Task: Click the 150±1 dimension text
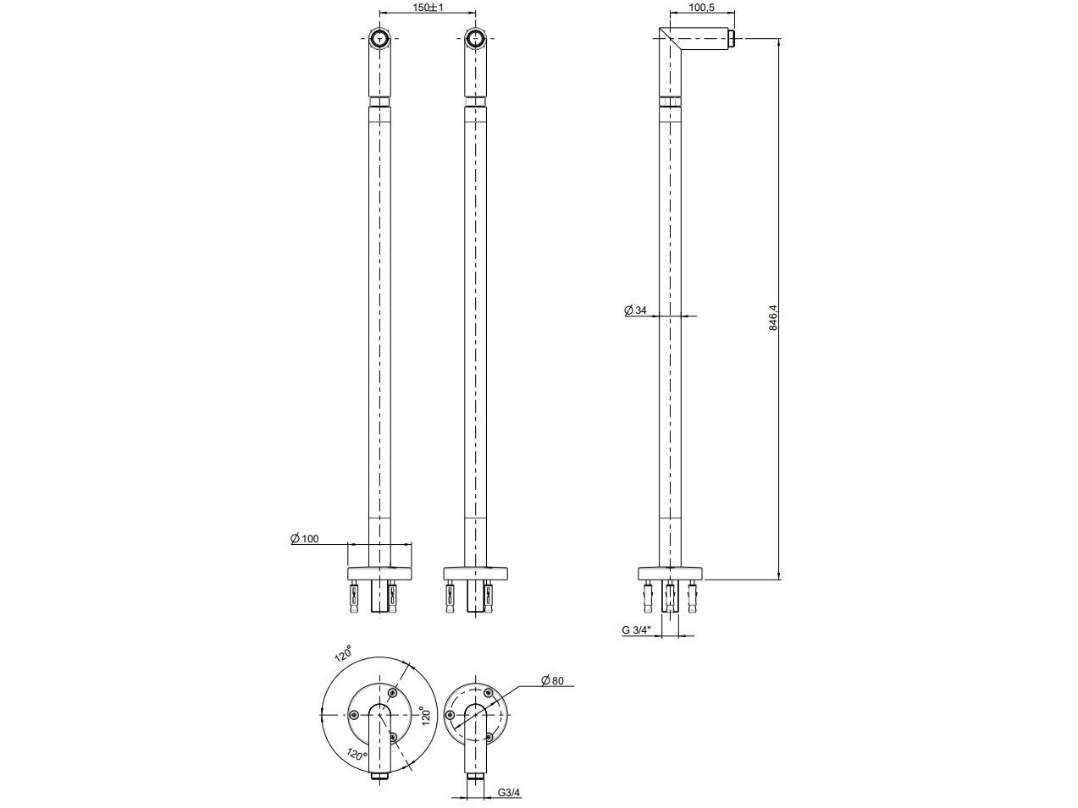[x=428, y=7]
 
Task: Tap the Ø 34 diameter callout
[x=636, y=311]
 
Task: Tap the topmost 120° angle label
[x=342, y=656]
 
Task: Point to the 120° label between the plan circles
[x=427, y=715]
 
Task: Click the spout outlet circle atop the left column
[x=379, y=38]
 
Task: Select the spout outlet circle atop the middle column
[x=477, y=38]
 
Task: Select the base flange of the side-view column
[x=671, y=573]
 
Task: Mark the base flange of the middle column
[x=477, y=573]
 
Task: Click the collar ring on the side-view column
[x=671, y=104]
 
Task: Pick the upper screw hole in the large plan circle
[x=392, y=694]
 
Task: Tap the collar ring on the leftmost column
[x=379, y=104]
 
